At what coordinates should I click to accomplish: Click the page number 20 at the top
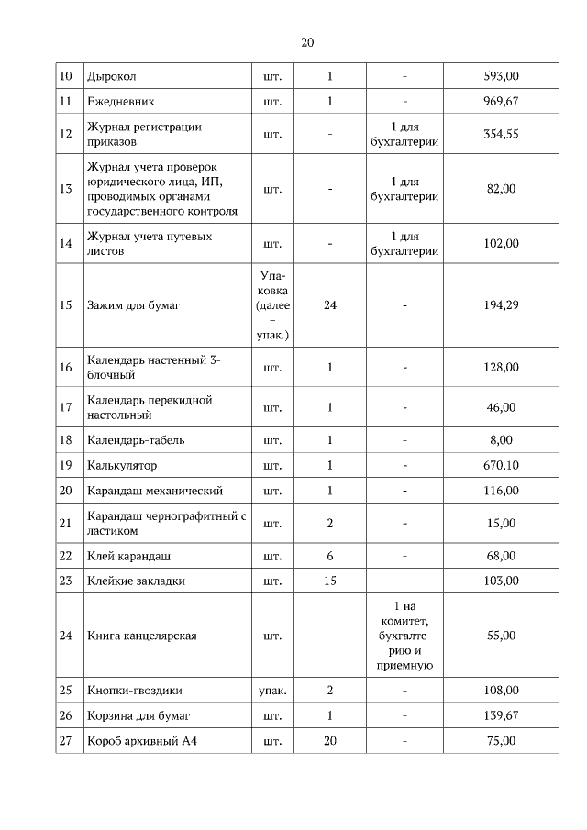point(307,42)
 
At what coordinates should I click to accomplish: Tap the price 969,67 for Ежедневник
point(501,101)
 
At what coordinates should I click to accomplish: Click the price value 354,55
point(501,134)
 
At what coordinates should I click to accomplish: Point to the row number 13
point(65,189)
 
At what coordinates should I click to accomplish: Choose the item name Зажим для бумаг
point(133,305)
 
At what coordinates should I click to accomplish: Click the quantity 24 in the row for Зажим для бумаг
point(330,305)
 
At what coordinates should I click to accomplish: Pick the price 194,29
point(501,305)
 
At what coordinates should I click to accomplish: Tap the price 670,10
point(501,465)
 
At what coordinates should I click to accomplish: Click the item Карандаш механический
point(155,491)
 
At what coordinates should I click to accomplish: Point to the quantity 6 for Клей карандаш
point(330,556)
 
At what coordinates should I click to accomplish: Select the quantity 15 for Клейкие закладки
point(330,581)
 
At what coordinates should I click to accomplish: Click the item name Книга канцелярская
point(142,635)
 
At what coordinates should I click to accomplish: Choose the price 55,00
point(501,635)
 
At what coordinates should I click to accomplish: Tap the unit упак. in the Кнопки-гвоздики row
point(272,690)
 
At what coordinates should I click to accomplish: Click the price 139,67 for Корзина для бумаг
point(501,714)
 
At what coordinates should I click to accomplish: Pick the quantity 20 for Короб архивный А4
point(330,740)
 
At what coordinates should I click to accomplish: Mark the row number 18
point(65,440)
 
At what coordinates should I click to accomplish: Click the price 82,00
point(501,189)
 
